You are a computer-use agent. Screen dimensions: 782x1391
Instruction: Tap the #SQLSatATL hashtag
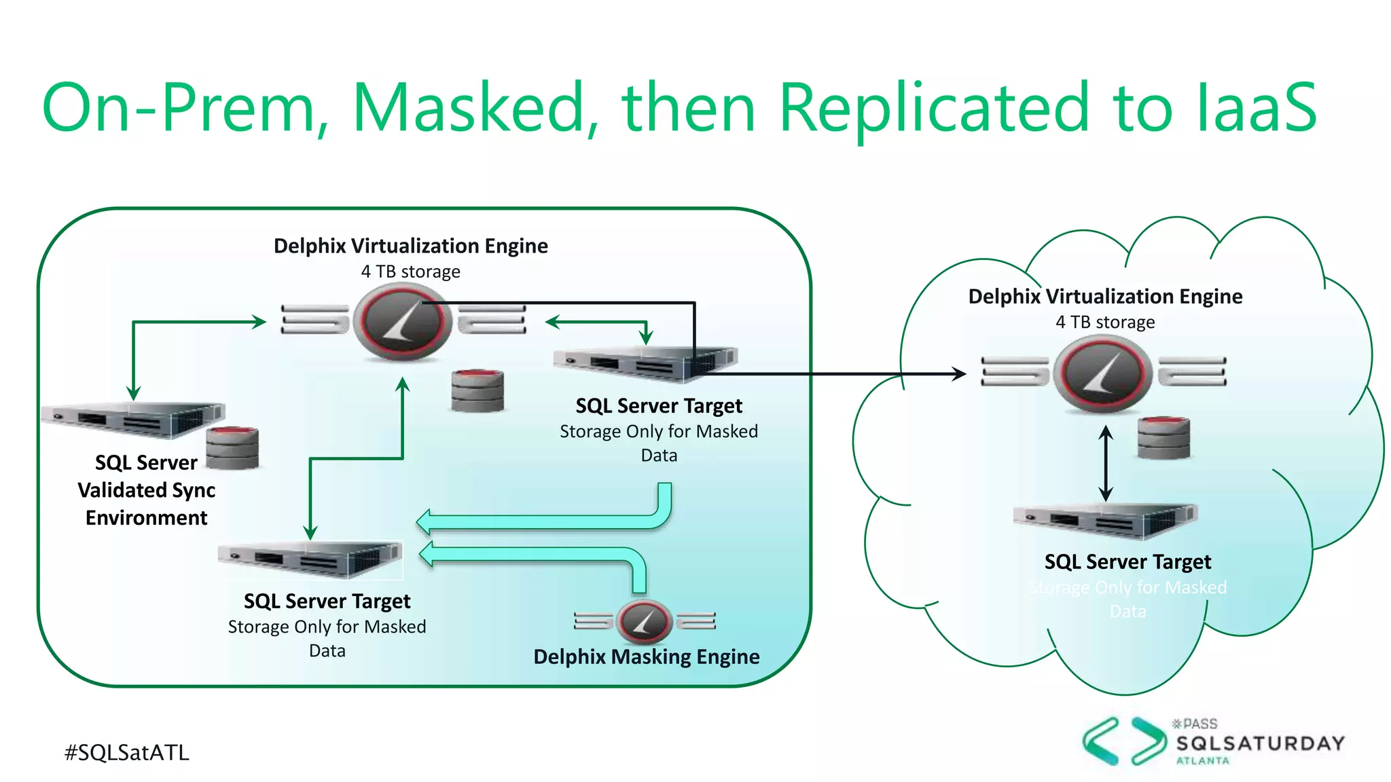tap(126, 752)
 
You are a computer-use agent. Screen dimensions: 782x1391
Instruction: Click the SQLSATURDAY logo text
tap(1260, 743)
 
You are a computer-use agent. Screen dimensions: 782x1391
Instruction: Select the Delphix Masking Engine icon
tap(644, 621)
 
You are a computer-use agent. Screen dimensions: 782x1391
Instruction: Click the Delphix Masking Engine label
tap(646, 656)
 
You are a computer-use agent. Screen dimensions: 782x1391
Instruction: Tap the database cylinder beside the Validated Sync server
tap(232, 448)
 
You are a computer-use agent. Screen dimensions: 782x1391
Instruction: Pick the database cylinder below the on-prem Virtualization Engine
tap(477, 390)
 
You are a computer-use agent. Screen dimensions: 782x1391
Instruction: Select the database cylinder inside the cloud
tap(1163, 438)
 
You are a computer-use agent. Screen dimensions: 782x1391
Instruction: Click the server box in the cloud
tap(1105, 521)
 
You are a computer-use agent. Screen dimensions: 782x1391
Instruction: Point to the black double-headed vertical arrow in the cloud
tap(1106, 463)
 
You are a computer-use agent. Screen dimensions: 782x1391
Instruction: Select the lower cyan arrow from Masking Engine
tap(530, 555)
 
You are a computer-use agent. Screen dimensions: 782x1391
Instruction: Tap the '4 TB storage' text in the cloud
tap(1105, 322)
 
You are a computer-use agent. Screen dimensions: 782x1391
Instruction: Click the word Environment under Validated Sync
tap(146, 518)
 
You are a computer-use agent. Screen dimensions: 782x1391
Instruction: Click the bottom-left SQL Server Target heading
tap(327, 601)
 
